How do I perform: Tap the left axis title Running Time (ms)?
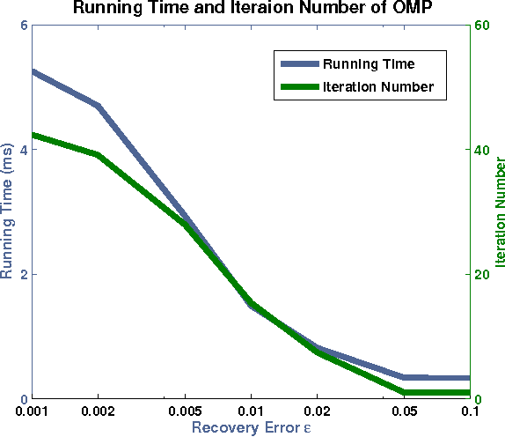[10, 212]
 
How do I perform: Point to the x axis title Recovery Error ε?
[252, 428]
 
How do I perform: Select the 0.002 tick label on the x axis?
[98, 412]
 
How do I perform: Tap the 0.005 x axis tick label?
[185, 412]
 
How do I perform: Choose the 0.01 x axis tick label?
[251, 412]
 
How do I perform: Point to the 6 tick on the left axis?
[22, 26]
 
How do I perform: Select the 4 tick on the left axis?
[22, 150]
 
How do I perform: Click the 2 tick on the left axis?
[22, 274]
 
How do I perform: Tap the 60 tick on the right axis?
[482, 26]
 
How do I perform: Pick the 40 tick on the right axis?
[482, 150]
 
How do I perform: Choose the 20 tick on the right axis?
[482, 274]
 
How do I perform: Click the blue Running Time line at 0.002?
[98, 106]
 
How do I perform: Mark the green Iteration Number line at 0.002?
[98, 154]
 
